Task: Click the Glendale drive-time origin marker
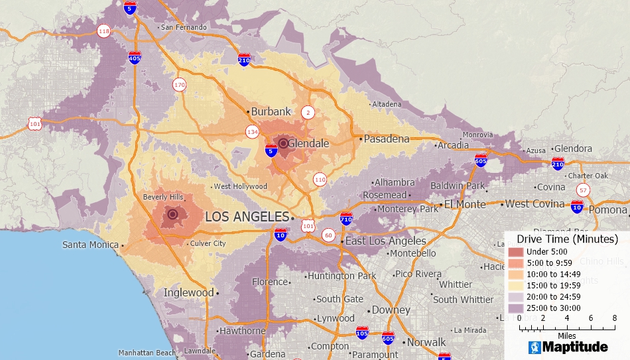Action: tap(283, 143)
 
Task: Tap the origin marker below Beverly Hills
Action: tap(173, 213)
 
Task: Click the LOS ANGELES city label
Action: tap(247, 217)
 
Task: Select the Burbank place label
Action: tap(271, 111)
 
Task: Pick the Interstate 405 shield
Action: tap(135, 57)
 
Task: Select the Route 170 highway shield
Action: tap(179, 84)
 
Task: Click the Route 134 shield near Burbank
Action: tap(253, 131)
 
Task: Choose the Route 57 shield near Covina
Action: tap(582, 190)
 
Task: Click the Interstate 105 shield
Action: tap(362, 332)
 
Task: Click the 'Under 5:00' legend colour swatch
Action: tap(515, 252)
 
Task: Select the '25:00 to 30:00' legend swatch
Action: tap(515, 308)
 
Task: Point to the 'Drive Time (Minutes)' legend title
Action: tap(567, 239)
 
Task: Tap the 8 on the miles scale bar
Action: tap(615, 318)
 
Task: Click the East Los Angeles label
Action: tap(385, 241)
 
